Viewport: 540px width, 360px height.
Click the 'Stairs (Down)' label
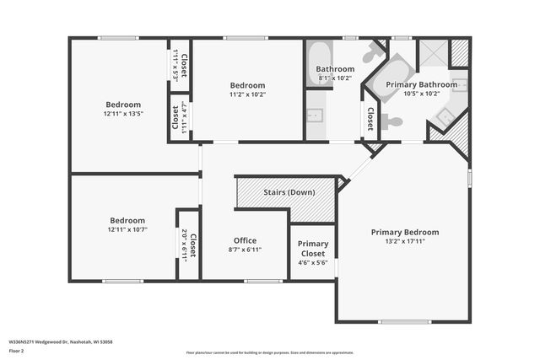coord(289,192)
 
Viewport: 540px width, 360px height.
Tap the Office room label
coord(245,240)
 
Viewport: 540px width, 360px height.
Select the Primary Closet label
coord(314,249)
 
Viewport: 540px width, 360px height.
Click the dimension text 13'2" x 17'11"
coord(405,242)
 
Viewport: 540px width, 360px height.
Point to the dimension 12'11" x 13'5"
coord(123,113)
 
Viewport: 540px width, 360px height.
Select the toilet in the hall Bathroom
coord(372,55)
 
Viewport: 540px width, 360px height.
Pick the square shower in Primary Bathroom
coord(435,53)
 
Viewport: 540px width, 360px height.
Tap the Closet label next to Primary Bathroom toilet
coord(370,118)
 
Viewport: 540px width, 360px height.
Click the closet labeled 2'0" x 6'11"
coord(188,244)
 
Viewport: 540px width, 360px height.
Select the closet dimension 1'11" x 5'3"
coord(176,64)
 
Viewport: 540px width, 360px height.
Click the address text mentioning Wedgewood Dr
coord(60,341)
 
